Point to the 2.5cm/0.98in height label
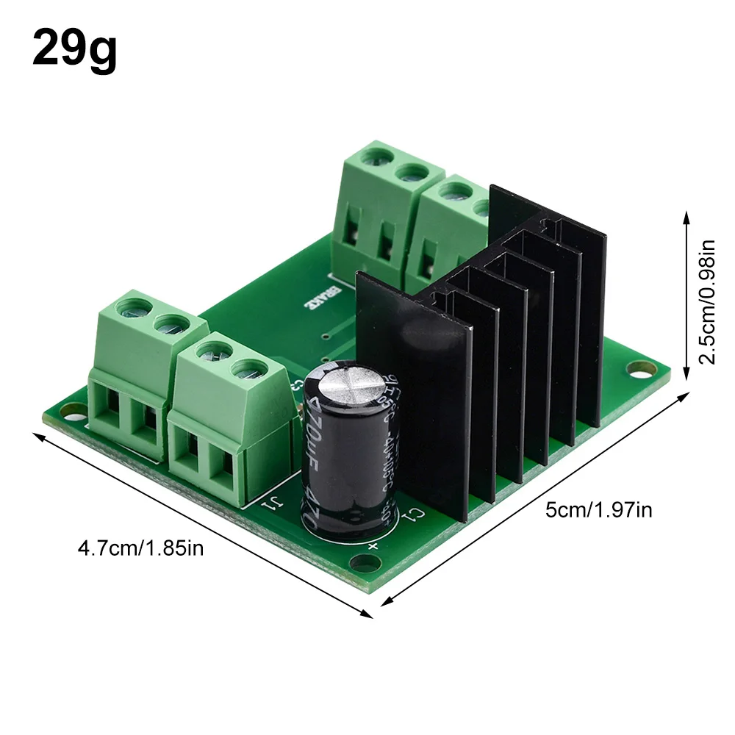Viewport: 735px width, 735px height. click(706, 301)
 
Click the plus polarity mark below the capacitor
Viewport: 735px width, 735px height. click(373, 545)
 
